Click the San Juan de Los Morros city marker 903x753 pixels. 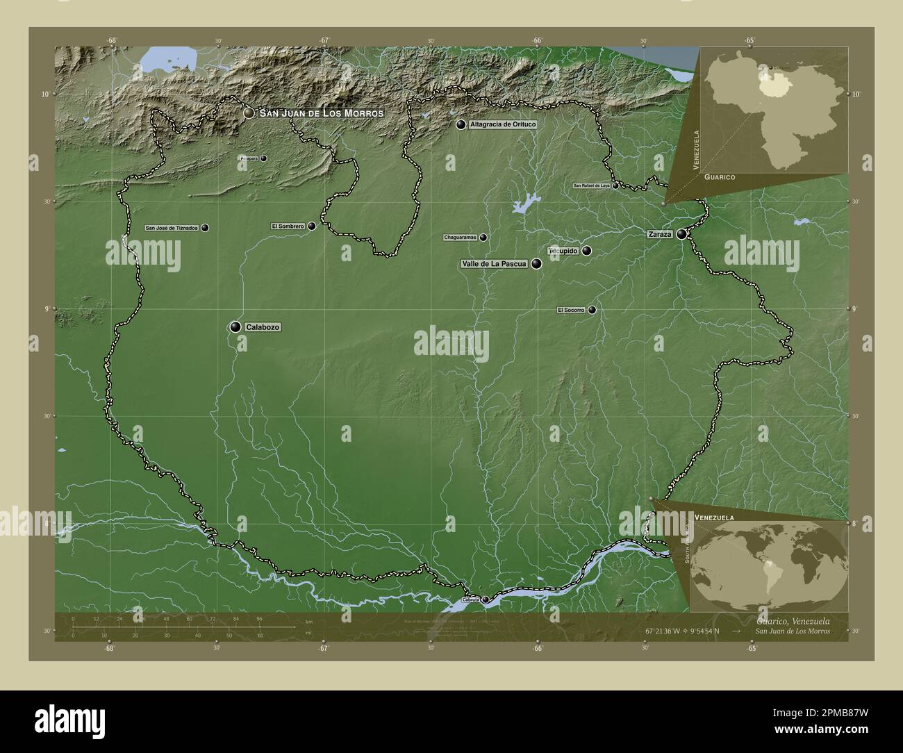click(249, 113)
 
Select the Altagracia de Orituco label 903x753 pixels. click(503, 124)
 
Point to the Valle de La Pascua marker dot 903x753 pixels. click(536, 263)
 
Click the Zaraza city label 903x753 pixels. click(660, 235)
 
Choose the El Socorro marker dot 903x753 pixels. click(592, 310)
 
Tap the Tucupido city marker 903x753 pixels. click(587, 251)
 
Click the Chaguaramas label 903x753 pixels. click(461, 238)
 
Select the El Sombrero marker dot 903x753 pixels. click(312, 226)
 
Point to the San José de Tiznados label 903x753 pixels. click(172, 228)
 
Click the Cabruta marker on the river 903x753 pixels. click(486, 599)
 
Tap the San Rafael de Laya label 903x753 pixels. click(591, 186)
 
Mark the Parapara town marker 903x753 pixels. click(263, 158)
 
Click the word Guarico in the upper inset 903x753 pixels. click(719, 178)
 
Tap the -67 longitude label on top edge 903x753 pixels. click(324, 40)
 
